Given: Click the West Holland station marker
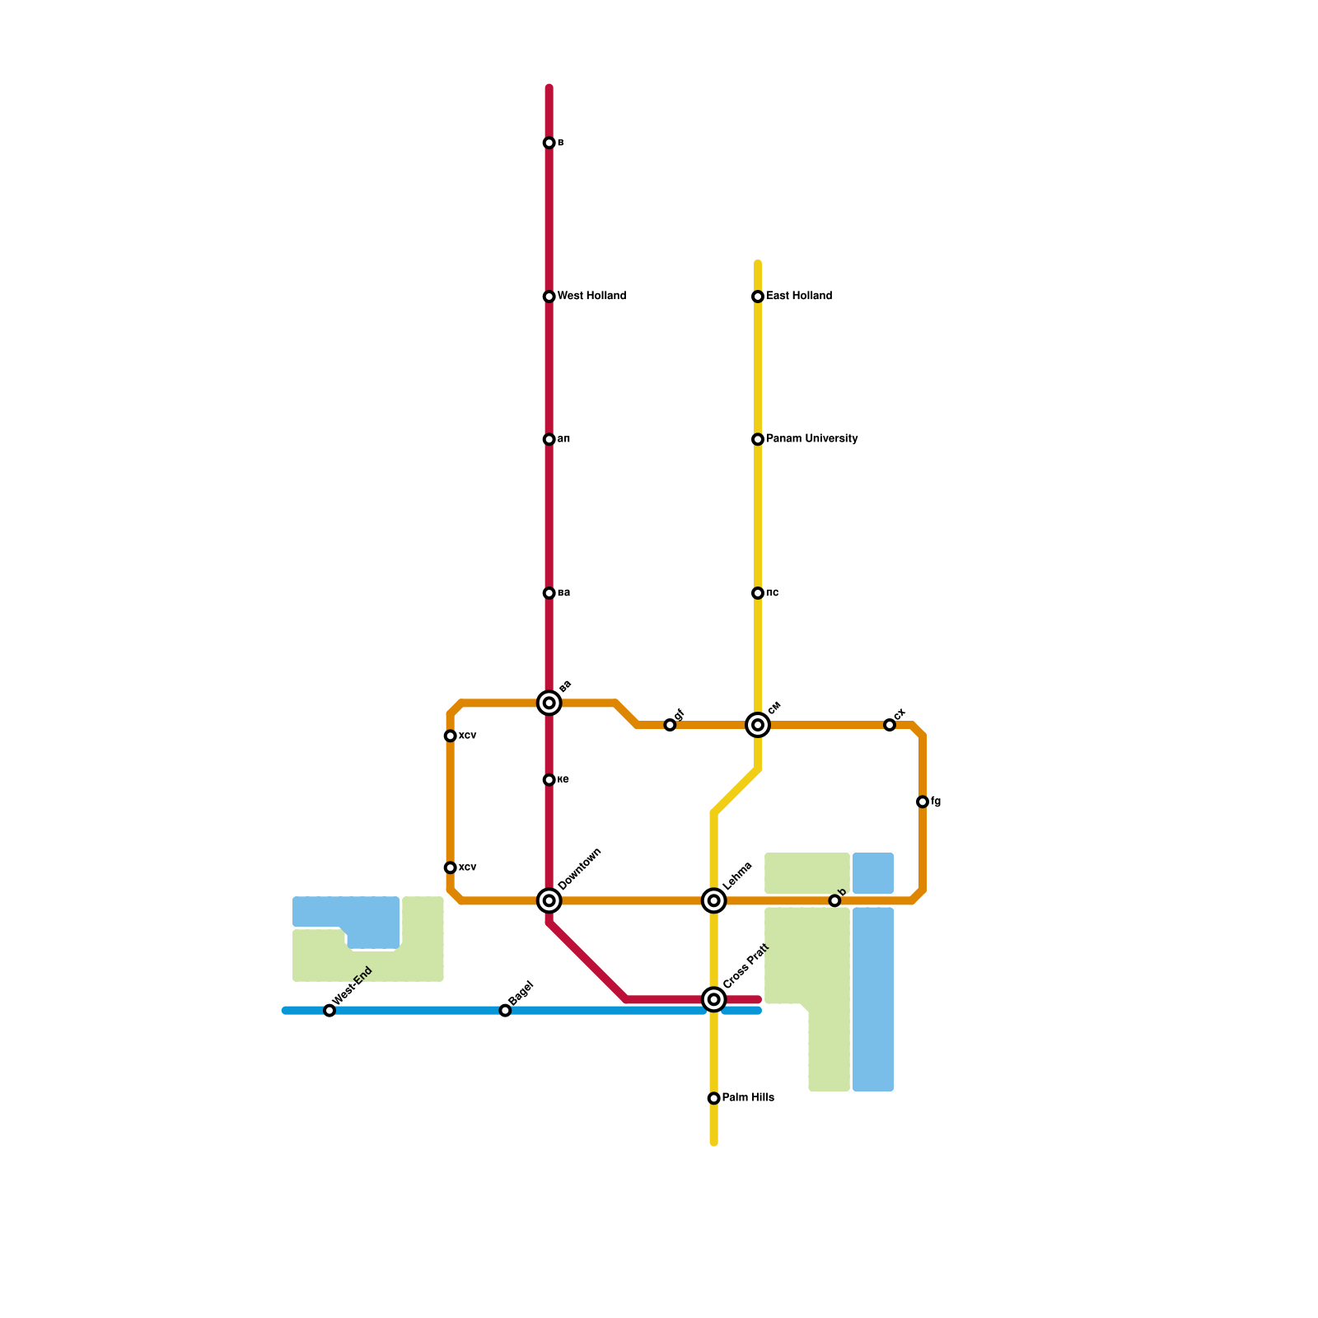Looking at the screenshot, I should (x=549, y=297).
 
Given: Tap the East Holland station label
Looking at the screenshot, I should (x=798, y=297).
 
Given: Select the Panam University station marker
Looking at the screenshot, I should (x=758, y=440).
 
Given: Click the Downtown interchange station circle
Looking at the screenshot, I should (x=549, y=900).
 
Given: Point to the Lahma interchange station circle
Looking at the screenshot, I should (x=714, y=900).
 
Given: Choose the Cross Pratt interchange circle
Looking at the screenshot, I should (x=714, y=999).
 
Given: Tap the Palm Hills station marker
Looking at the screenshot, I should (x=714, y=1098).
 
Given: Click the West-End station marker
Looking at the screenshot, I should (x=329, y=1011).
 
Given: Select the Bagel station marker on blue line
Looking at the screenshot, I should (x=506, y=1011).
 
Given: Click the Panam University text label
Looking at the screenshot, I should (x=811, y=440).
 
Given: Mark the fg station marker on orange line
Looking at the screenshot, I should (x=923, y=802).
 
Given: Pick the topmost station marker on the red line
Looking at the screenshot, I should (x=549, y=143).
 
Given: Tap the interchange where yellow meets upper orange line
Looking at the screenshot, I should (x=758, y=725).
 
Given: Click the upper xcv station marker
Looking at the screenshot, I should (x=450, y=736).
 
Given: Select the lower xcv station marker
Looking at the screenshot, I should (x=450, y=867).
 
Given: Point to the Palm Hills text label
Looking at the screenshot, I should (x=748, y=1098).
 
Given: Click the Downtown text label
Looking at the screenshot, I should (x=580, y=869).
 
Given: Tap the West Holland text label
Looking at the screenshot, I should (x=591, y=297).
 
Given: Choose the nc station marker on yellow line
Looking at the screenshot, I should (x=758, y=593).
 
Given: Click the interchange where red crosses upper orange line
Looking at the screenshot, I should (x=549, y=703).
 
